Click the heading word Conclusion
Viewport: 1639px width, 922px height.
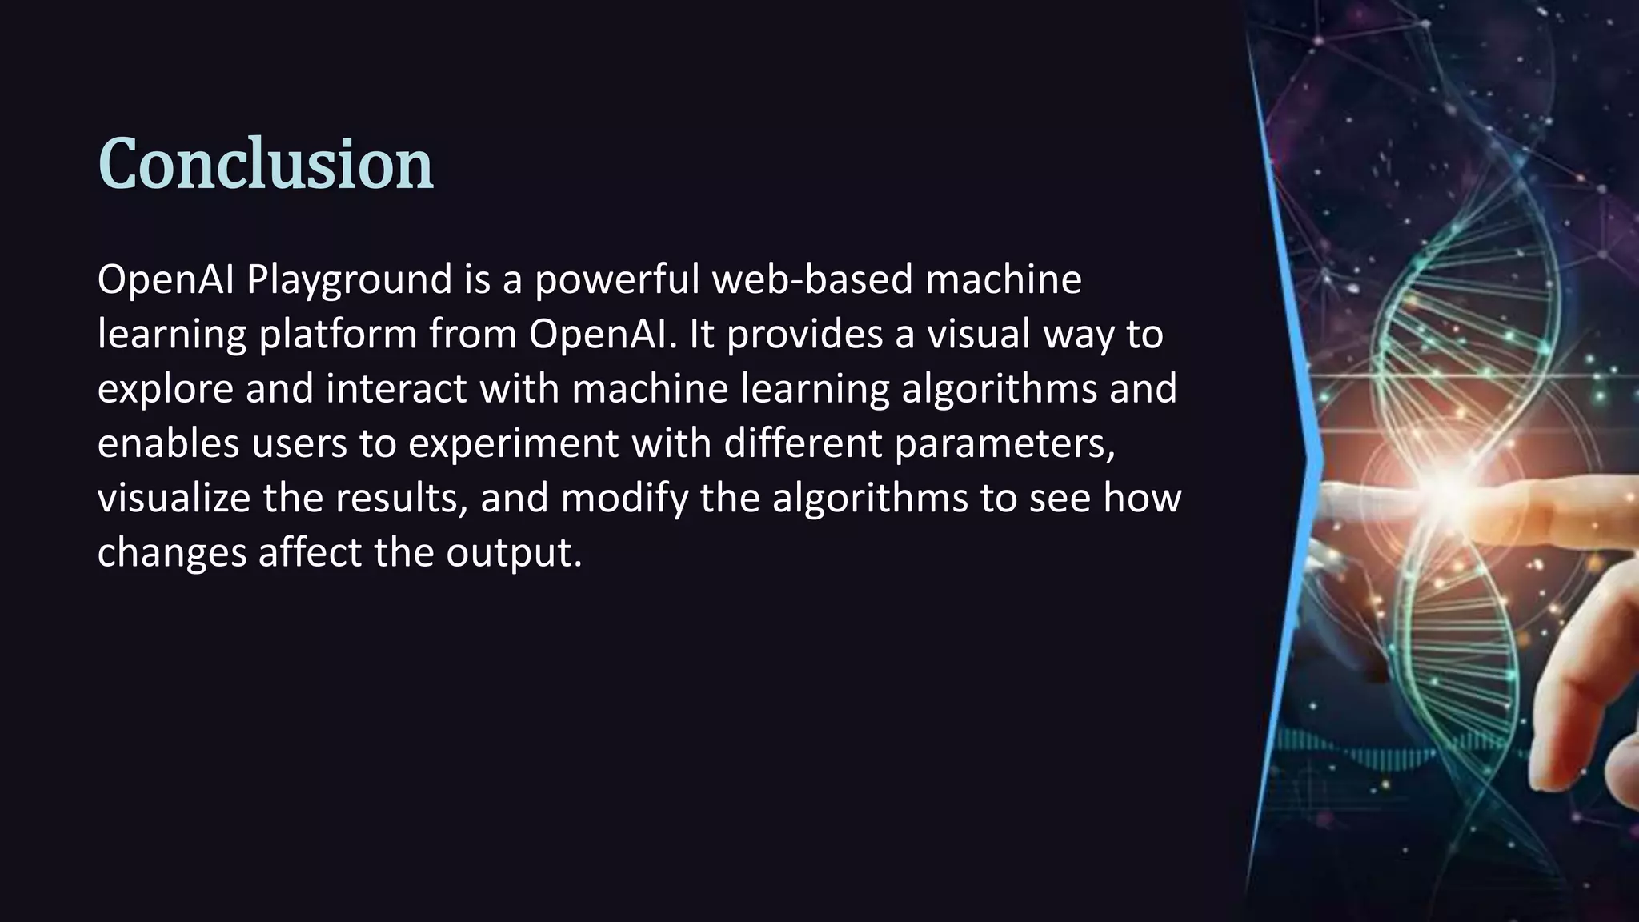(265, 164)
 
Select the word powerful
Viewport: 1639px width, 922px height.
(616, 280)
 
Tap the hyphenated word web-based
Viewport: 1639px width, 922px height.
(811, 279)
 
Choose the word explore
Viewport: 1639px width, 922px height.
(165, 389)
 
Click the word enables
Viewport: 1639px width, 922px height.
(168, 443)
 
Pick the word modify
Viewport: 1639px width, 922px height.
(624, 499)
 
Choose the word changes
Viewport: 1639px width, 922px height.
(171, 553)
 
